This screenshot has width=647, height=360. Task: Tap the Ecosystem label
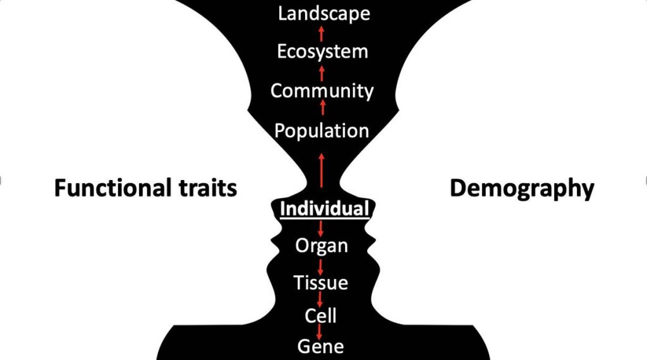(322, 51)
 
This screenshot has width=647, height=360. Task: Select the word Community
(322, 91)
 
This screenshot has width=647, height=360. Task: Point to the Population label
(322, 131)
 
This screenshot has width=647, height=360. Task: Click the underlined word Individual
(324, 209)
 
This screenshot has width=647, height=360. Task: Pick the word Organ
(321, 245)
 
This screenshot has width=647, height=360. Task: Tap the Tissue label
(320, 282)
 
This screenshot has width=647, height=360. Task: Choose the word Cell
(320, 315)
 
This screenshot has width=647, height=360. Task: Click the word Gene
(320, 346)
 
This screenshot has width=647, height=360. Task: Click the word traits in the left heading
(208, 188)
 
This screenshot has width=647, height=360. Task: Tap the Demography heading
(522, 189)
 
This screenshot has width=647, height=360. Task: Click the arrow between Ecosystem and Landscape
(322, 33)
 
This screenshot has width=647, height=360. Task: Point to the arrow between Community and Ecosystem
(322, 71)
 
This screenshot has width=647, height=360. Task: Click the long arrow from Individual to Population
(322, 169)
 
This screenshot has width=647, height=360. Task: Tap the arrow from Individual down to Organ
(321, 227)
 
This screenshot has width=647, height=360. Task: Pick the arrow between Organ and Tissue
(321, 264)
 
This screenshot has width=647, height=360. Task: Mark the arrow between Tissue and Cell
(321, 299)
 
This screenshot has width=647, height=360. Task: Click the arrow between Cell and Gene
(321, 331)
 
